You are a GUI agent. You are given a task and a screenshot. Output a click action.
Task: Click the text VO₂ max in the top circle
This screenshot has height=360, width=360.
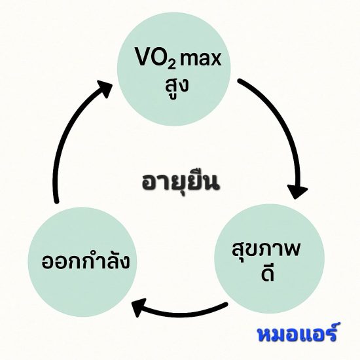(x=179, y=58)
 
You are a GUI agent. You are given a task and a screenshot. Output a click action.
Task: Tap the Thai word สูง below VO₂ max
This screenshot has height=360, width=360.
(x=177, y=88)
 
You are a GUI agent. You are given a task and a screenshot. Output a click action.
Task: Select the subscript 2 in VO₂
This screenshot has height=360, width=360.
(x=171, y=64)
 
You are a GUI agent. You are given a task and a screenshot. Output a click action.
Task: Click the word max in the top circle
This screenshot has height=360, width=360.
(x=200, y=59)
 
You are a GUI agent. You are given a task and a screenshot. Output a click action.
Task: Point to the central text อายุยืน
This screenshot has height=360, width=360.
(x=180, y=183)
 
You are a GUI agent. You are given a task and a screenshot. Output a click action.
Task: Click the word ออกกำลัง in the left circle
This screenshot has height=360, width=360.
(x=86, y=261)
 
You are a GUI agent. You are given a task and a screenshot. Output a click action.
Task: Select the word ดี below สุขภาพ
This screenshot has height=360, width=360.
(x=268, y=274)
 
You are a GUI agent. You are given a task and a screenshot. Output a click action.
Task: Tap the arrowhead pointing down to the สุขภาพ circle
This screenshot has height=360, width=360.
(x=298, y=191)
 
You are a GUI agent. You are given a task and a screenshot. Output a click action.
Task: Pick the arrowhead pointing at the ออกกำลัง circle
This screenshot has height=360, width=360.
(x=139, y=307)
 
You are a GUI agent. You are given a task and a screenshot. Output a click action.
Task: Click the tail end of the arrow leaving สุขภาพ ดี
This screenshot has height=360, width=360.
(x=226, y=304)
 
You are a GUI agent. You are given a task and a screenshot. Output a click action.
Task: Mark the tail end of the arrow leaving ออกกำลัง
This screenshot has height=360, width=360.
(x=56, y=201)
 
